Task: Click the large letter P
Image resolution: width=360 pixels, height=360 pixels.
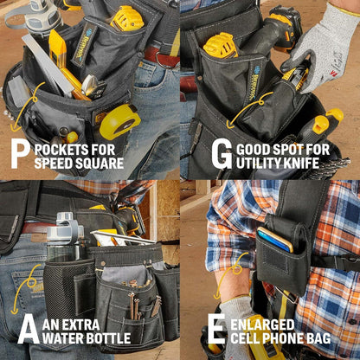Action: (20, 154)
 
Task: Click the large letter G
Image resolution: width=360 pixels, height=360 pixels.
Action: (222, 154)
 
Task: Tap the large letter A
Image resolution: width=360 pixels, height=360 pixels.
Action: (29, 330)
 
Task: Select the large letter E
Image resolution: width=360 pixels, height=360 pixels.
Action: (216, 329)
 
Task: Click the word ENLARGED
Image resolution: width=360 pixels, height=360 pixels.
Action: (262, 325)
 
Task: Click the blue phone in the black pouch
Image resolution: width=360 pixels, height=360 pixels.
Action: (274, 240)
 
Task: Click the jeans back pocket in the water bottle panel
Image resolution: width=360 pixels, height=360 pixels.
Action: (28, 292)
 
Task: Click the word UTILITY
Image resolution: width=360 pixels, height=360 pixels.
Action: (254, 163)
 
